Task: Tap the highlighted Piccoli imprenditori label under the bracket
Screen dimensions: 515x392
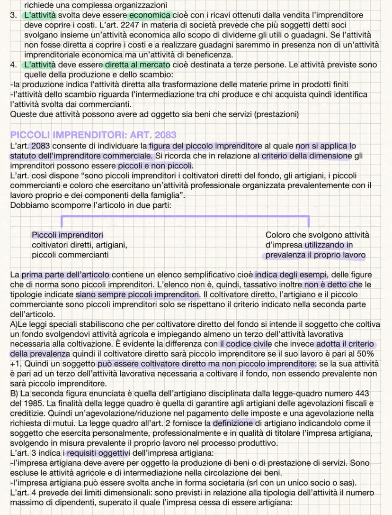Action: click(x=68, y=235)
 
